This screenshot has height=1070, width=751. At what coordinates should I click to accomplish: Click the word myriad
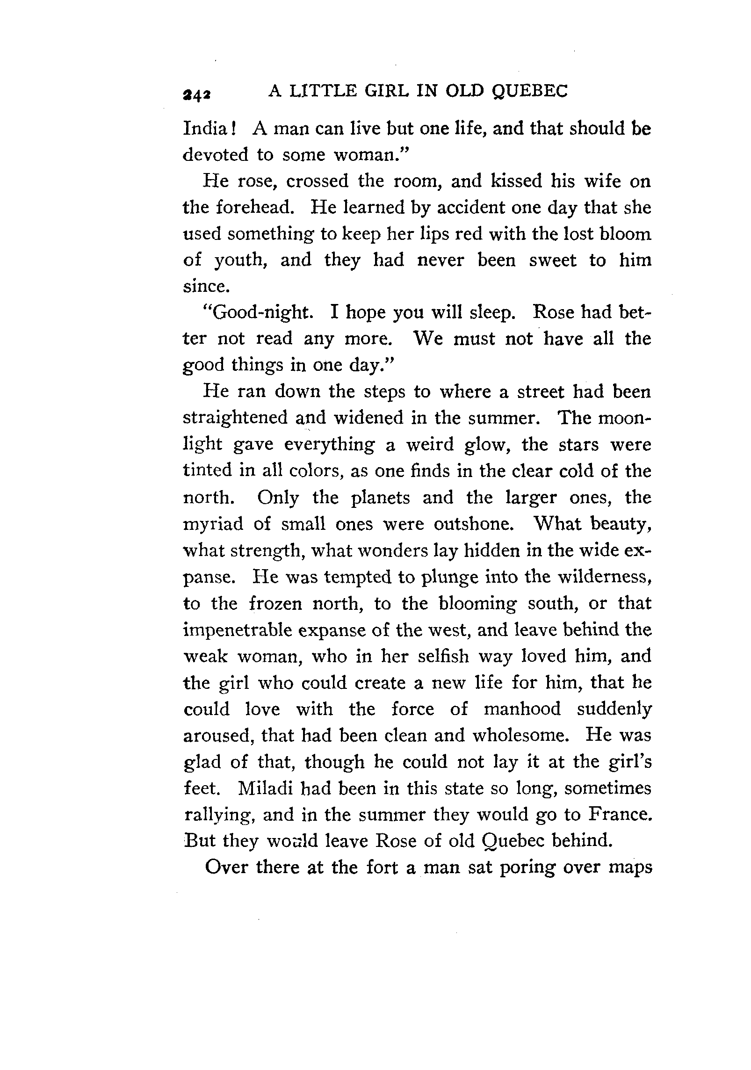pos(213,524)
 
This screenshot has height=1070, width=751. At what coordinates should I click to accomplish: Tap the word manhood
pos(522,709)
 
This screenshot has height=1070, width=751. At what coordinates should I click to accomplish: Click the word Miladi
pos(266,788)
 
